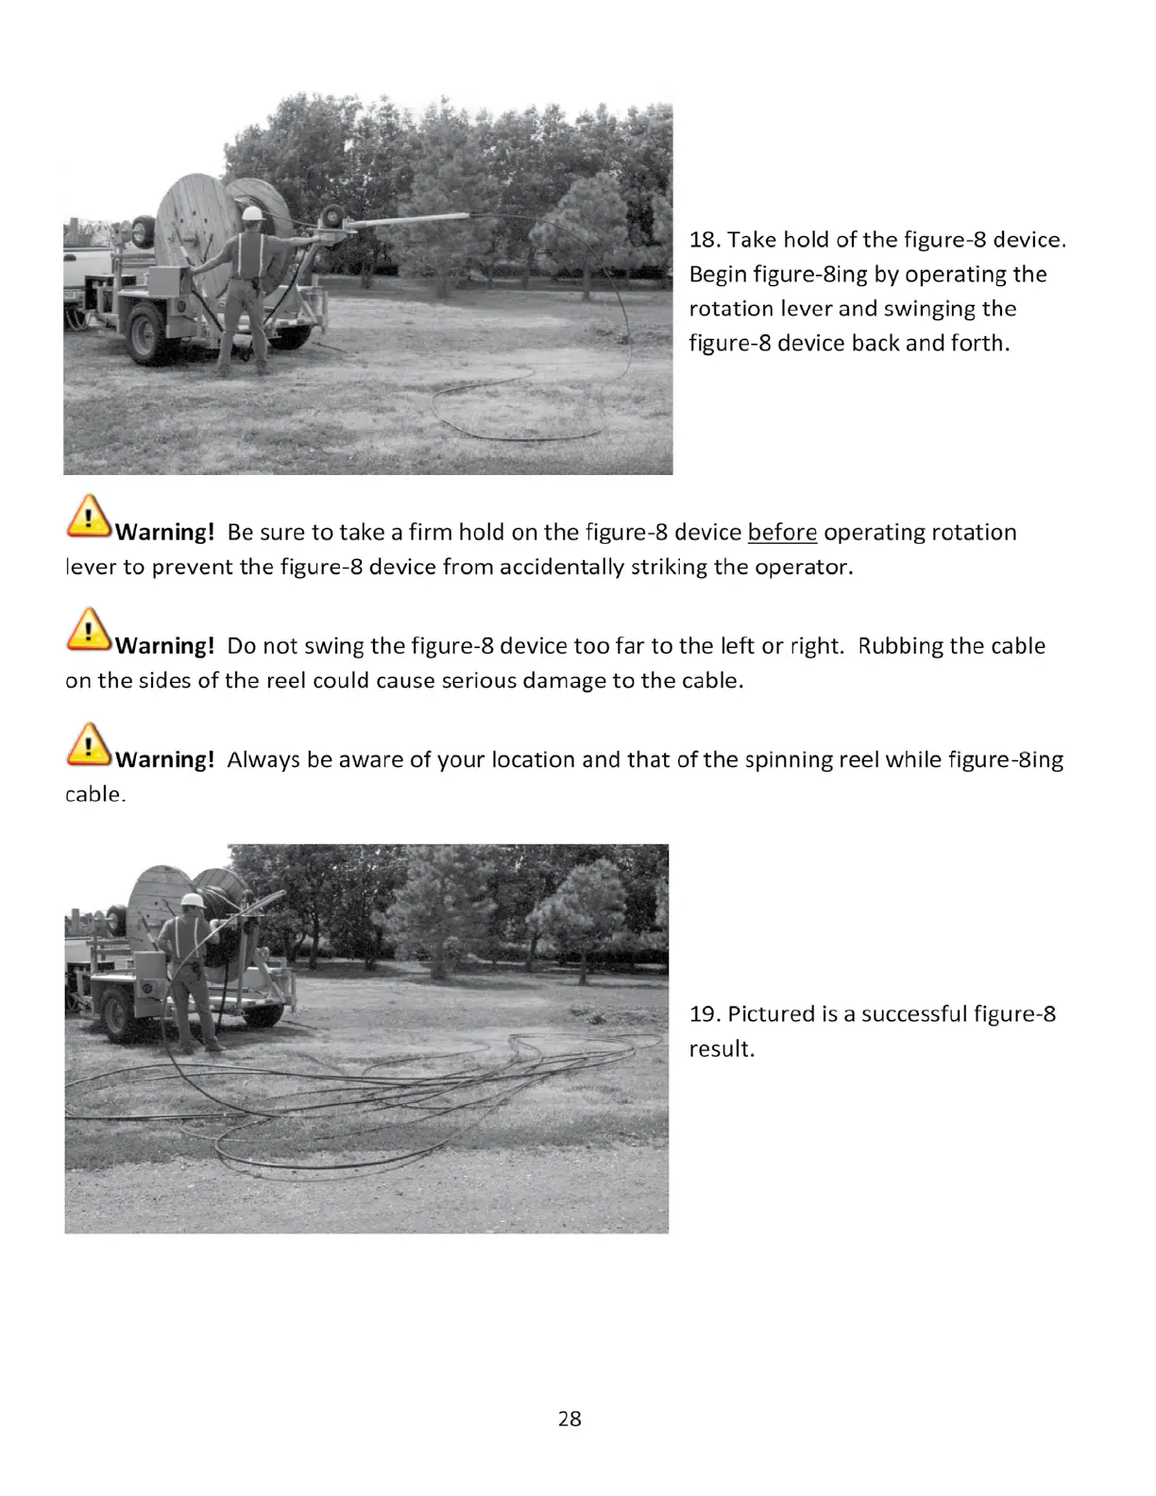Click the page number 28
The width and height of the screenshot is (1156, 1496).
pyautogui.click(x=569, y=1419)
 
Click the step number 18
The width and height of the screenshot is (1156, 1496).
pyautogui.click(x=704, y=240)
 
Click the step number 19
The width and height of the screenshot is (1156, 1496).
pyautogui.click(x=704, y=1014)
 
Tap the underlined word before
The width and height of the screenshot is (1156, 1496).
pyautogui.click(x=782, y=533)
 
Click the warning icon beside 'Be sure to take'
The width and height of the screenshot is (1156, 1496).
pyautogui.click(x=89, y=517)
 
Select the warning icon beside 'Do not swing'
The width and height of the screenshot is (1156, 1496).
pyautogui.click(x=89, y=630)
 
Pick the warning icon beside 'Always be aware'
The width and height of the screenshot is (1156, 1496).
pyautogui.click(x=89, y=744)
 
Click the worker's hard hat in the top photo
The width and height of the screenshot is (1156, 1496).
pyautogui.click(x=251, y=213)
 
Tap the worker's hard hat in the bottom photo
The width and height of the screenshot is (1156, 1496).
pyautogui.click(x=193, y=900)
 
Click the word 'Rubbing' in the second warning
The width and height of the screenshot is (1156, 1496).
pyautogui.click(x=898, y=646)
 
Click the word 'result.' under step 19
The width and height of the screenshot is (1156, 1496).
pyautogui.click(x=722, y=1049)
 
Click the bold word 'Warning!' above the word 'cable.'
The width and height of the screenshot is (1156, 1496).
pyautogui.click(x=165, y=760)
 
